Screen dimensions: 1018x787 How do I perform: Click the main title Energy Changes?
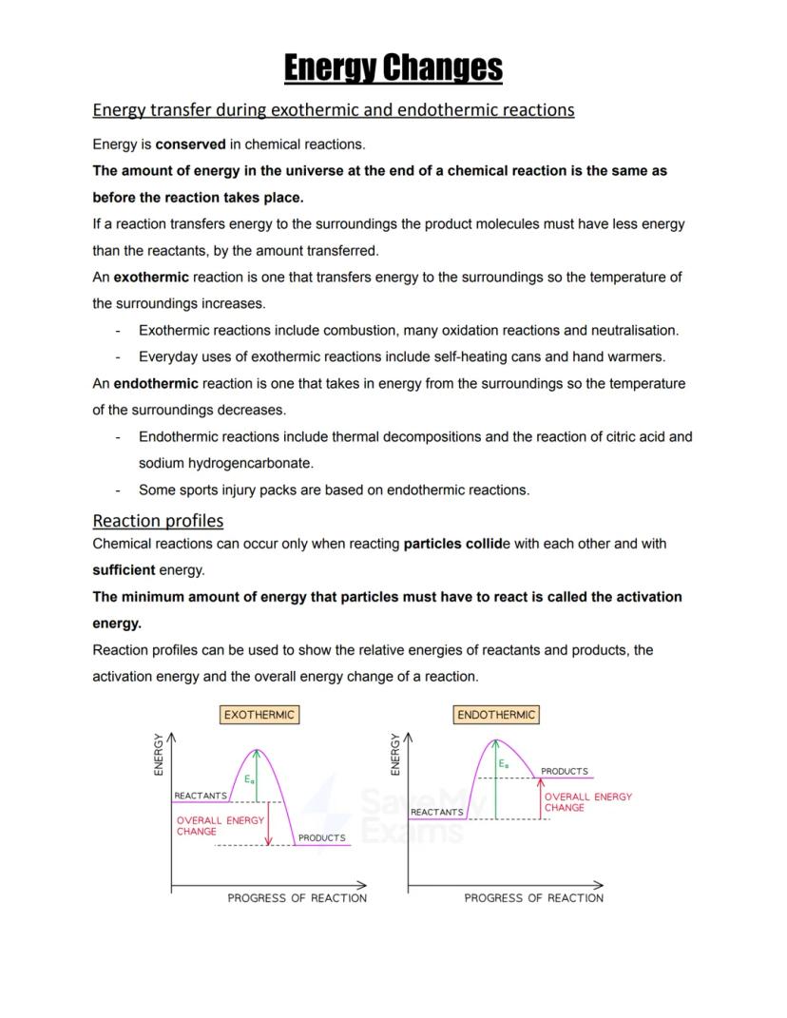(x=393, y=68)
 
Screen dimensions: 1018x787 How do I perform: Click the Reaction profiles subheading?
(x=158, y=521)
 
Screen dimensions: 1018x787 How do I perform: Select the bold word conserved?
(x=190, y=144)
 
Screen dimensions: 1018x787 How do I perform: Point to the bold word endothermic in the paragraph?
(x=156, y=384)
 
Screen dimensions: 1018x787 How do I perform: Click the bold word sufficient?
(x=124, y=570)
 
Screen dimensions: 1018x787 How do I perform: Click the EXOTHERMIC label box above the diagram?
(x=259, y=715)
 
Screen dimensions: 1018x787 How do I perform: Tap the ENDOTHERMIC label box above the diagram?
(x=496, y=715)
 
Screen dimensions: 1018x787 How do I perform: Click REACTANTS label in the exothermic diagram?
(x=200, y=796)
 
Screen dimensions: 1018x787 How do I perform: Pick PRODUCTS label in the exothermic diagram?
(x=322, y=838)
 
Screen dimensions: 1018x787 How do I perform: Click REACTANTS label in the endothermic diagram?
(x=437, y=813)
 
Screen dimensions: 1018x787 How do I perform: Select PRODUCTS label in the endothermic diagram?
(x=565, y=772)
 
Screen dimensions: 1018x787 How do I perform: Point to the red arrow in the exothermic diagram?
(x=269, y=823)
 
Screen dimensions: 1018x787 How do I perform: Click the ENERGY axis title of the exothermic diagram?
(x=159, y=756)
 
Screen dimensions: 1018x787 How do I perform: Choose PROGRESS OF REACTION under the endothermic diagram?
(x=533, y=898)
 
